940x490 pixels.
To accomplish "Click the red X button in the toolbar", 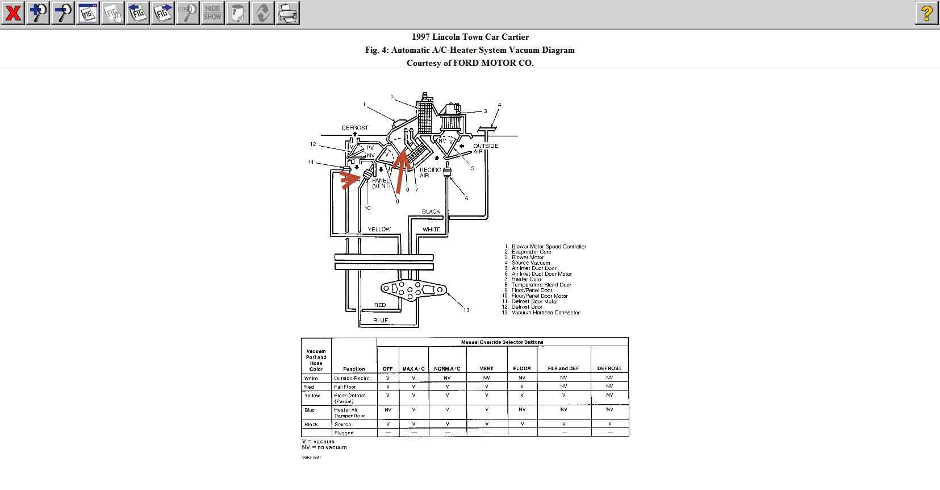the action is click(12, 13).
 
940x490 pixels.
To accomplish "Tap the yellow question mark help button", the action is click(926, 13).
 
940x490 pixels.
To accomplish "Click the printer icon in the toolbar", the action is click(288, 13).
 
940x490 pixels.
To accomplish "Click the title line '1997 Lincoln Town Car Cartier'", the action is click(470, 37).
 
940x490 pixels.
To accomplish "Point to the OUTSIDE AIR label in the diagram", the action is click(485, 148).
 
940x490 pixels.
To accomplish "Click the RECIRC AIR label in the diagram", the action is click(430, 172).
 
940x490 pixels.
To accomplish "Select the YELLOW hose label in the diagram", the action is click(379, 230).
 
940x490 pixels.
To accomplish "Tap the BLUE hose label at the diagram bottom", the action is click(381, 321).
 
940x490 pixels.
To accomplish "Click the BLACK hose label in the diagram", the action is click(431, 211).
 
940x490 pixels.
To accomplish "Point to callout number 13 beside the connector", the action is click(466, 310).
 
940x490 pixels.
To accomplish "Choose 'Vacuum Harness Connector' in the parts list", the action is click(545, 313).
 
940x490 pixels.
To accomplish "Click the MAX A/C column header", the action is click(413, 369).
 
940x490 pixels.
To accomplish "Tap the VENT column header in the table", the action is click(487, 369).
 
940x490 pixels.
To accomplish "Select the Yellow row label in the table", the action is click(312, 396).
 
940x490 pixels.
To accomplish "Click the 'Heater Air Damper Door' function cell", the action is click(349, 413).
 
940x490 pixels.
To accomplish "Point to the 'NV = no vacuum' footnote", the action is click(324, 447).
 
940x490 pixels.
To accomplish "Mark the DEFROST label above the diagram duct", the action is click(355, 128).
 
